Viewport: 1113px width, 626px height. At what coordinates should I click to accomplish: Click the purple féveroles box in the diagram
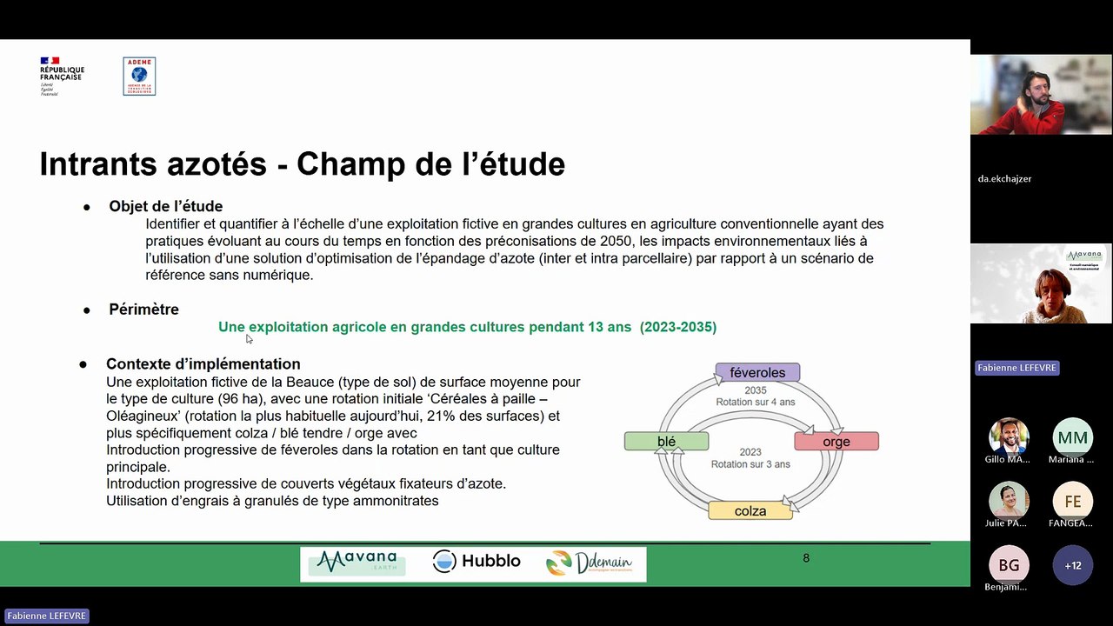coord(757,373)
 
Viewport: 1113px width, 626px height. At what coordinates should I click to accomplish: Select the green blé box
coord(666,442)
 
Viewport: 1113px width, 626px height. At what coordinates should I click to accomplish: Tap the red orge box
coord(836,442)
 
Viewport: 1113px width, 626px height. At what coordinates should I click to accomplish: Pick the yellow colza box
coord(750,511)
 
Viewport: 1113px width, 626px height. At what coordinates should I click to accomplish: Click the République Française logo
coord(62,76)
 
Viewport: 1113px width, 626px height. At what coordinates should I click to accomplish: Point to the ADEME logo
coord(139,77)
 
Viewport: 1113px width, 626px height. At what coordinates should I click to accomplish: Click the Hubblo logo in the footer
coord(477,562)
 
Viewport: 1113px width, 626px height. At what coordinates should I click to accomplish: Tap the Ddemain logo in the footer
coord(589,563)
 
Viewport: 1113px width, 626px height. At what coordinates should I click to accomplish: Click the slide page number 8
coord(806,558)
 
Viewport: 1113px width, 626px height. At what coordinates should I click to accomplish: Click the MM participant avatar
coord(1072,437)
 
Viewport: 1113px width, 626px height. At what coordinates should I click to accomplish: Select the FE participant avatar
coord(1072,502)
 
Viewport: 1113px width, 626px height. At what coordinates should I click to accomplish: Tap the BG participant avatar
coord(1009,565)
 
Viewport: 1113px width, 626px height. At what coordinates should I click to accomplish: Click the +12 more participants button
coord(1072,565)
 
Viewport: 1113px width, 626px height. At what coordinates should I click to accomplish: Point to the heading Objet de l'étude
coord(165,206)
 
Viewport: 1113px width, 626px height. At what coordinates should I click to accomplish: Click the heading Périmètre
coord(143,309)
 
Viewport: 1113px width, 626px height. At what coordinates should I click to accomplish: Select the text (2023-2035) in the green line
coord(678,327)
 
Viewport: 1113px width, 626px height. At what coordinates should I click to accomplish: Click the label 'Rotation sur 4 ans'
coord(755,402)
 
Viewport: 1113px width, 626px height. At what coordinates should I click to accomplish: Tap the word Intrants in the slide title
coord(97,163)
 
